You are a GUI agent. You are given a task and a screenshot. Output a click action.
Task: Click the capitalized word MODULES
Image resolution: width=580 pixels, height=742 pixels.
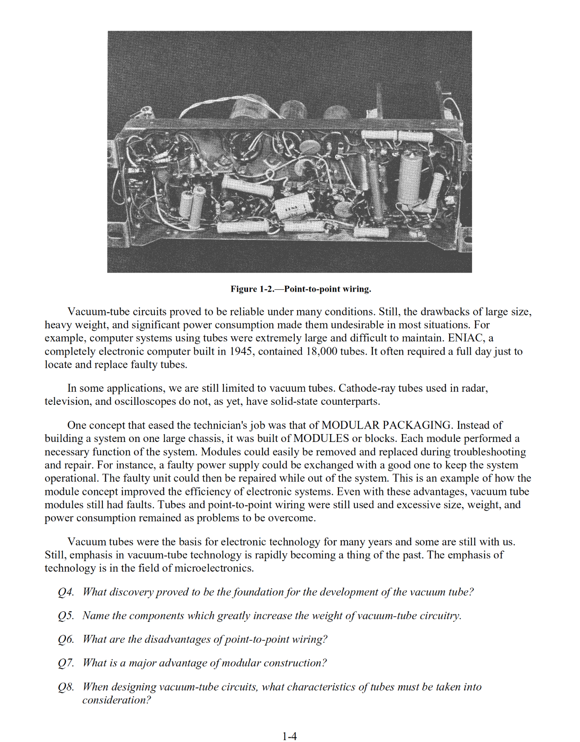tap(321, 438)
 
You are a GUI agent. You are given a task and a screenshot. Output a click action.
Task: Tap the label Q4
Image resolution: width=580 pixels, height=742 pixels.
tap(66, 592)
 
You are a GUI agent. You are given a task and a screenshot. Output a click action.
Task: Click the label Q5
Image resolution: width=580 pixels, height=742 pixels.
tap(66, 615)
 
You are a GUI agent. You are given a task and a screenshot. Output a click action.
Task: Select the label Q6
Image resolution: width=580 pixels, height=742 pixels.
tap(66, 639)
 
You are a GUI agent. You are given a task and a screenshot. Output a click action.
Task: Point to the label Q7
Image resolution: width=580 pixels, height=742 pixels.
tap(66, 663)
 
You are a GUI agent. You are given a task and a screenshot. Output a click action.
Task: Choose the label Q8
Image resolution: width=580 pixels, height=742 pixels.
tap(66, 686)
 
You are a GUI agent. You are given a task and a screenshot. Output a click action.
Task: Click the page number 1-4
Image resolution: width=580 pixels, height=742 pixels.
tap(289, 736)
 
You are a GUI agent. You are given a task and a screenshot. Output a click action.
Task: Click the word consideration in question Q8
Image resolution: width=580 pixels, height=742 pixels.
tap(116, 700)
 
